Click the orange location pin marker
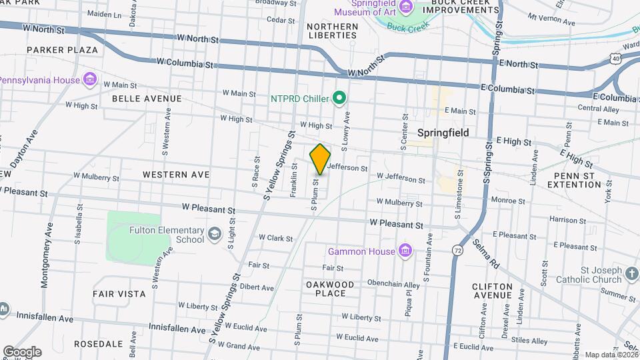[x=320, y=159]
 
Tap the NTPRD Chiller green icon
[x=339, y=99]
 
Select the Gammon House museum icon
[x=404, y=251]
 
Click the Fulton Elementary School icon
[x=215, y=234]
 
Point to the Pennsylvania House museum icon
[x=90, y=80]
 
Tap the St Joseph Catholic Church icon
[x=631, y=274]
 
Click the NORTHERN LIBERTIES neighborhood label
[x=332, y=31]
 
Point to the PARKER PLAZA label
[x=63, y=50]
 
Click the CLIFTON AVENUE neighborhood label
[x=492, y=291]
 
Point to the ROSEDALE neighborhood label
[x=99, y=344]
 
